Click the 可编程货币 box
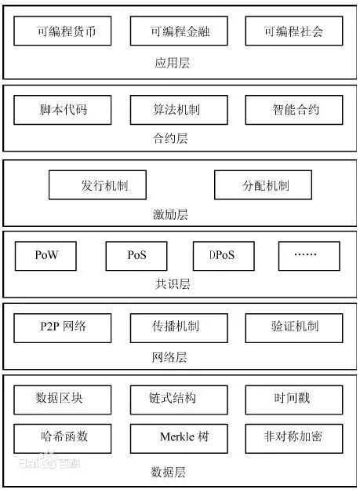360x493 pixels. (63, 31)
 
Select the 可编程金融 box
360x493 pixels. (179, 31)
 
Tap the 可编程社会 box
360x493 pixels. (294, 31)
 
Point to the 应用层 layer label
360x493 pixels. (173, 63)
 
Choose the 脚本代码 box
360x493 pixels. (63, 110)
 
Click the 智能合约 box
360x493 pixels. (294, 110)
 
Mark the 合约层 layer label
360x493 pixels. (170, 138)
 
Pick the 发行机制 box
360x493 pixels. (98, 185)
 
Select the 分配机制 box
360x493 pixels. (264, 185)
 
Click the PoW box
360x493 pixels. (45, 256)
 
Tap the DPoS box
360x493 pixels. (224, 256)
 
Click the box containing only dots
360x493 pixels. (309, 256)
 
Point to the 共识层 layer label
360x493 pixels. (173, 284)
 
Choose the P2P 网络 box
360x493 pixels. (63, 328)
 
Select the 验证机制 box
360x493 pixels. (294, 328)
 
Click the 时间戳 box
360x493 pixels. (294, 400)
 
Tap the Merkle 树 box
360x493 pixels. (179, 439)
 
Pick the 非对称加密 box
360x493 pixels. (294, 439)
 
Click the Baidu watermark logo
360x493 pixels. (49, 462)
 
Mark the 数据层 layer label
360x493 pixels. (169, 473)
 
